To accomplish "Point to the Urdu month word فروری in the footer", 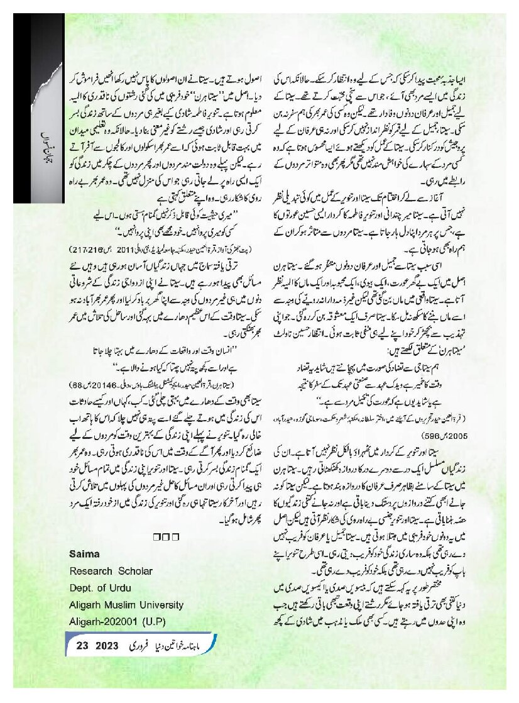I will click(x=141, y=646).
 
